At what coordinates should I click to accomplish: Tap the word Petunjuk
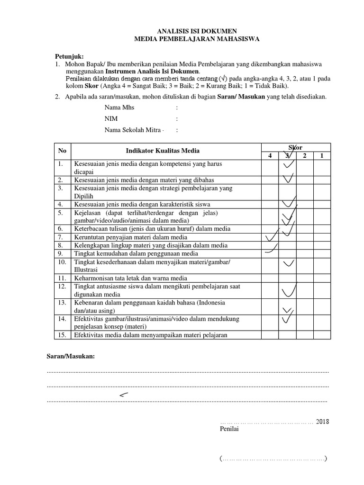pos(68,56)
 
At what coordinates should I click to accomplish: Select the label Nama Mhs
pos(119,108)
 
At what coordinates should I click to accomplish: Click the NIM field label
pos(111,119)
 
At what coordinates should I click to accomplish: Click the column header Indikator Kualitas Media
pos(163,151)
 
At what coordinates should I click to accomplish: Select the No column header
pos(63,151)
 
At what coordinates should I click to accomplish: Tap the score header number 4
pos(270,156)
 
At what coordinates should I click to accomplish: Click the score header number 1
pos(321,156)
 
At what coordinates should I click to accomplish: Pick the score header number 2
pos(304,156)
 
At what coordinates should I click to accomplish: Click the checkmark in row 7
pos(272,235)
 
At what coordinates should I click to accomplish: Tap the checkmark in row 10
pos(288,262)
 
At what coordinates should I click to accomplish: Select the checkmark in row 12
pos(289,289)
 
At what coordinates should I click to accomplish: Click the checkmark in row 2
pos(288,179)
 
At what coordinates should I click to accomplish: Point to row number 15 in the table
pos(62,335)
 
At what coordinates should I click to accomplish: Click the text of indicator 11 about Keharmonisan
pos(130,278)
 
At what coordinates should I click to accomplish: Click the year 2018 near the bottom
pos(322,422)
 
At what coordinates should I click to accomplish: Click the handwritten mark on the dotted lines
pos(124,395)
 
